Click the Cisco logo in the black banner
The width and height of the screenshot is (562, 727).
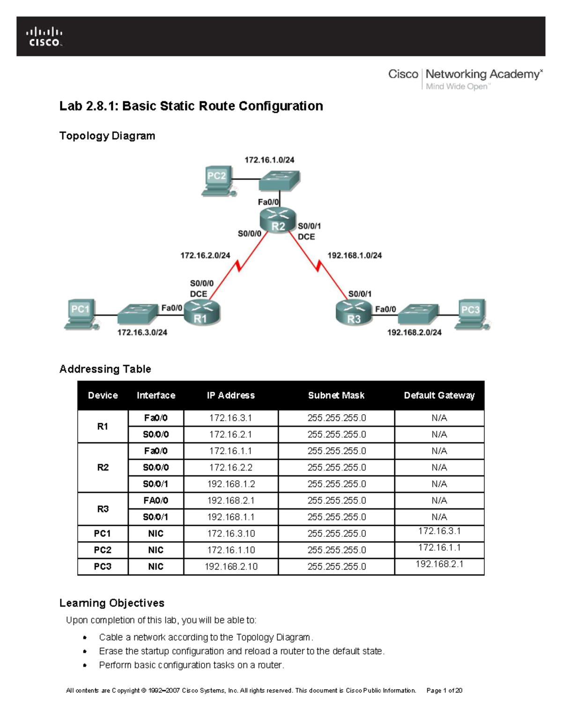tap(44, 37)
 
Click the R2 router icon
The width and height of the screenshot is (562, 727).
tap(278, 220)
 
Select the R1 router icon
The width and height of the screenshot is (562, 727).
tap(202, 313)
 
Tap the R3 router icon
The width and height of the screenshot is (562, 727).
tap(354, 313)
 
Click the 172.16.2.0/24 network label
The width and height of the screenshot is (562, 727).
tap(205, 256)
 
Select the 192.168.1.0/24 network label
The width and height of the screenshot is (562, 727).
tap(355, 256)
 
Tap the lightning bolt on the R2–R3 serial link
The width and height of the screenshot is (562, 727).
tap(319, 266)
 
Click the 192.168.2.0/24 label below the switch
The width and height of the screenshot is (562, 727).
tap(414, 332)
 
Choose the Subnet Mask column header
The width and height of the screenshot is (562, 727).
tap(336, 396)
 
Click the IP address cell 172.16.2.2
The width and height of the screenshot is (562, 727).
tap(230, 468)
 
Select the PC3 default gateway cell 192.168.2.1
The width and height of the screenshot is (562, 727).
tap(439, 564)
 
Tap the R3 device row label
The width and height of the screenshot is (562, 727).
tap(103, 509)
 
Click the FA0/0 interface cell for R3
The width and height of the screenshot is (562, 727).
tap(155, 500)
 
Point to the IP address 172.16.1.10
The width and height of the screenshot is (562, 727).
tap(230, 550)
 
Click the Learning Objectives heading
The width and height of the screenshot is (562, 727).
tap(112, 603)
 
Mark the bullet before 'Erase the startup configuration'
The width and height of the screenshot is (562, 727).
tap(85, 652)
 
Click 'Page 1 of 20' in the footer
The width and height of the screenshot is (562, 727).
tap(444, 690)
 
